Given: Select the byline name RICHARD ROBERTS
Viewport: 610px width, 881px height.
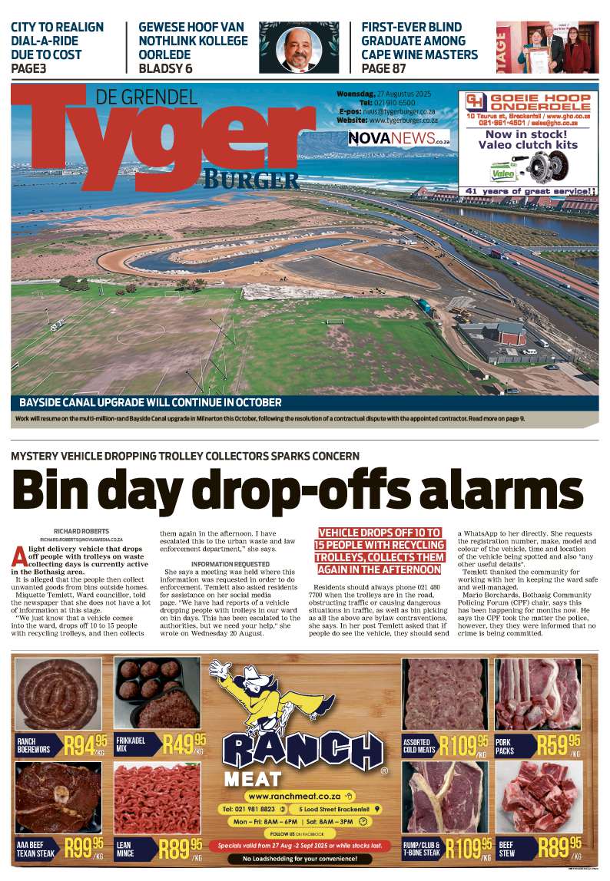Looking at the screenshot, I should pos(81,531).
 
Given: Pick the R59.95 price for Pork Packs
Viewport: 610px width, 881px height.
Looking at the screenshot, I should pos(559,744).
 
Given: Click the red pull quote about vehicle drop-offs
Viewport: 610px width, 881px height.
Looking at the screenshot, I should pos(380,550).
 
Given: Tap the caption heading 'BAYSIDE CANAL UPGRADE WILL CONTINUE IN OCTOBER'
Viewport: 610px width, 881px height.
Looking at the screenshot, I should pos(151,402).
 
